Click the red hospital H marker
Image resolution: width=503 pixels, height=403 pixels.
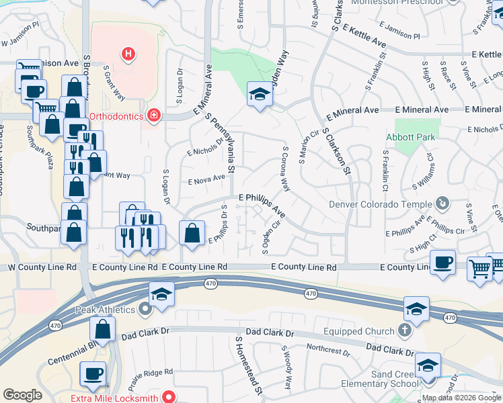tap(128, 53)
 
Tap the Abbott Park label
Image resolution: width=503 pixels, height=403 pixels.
tap(412, 137)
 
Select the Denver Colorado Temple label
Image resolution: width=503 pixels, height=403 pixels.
tap(380, 204)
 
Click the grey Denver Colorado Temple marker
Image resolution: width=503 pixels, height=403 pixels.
tap(442, 202)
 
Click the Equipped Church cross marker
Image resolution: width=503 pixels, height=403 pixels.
tap(404, 330)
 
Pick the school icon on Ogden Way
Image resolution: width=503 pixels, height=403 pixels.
tap(259, 95)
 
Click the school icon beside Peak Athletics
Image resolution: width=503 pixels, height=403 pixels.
tap(161, 296)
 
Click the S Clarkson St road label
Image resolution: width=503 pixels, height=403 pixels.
tap(337, 151)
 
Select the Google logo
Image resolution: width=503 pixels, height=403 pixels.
tap(23, 395)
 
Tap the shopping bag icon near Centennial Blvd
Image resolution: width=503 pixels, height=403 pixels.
tap(103, 330)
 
